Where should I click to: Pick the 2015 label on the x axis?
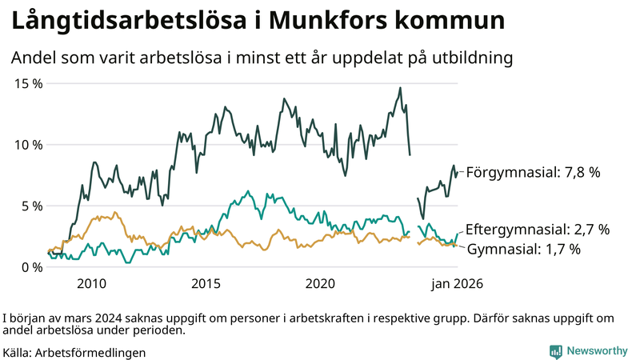tap(206, 284)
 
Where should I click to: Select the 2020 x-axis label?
tap(320, 284)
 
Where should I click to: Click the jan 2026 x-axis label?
tap(458, 284)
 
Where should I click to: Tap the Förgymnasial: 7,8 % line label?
tap(533, 172)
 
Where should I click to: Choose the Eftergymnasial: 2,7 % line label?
tap(537, 230)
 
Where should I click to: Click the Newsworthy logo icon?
tap(555, 351)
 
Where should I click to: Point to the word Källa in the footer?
tap(18, 352)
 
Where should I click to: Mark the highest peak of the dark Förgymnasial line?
tap(400, 88)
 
